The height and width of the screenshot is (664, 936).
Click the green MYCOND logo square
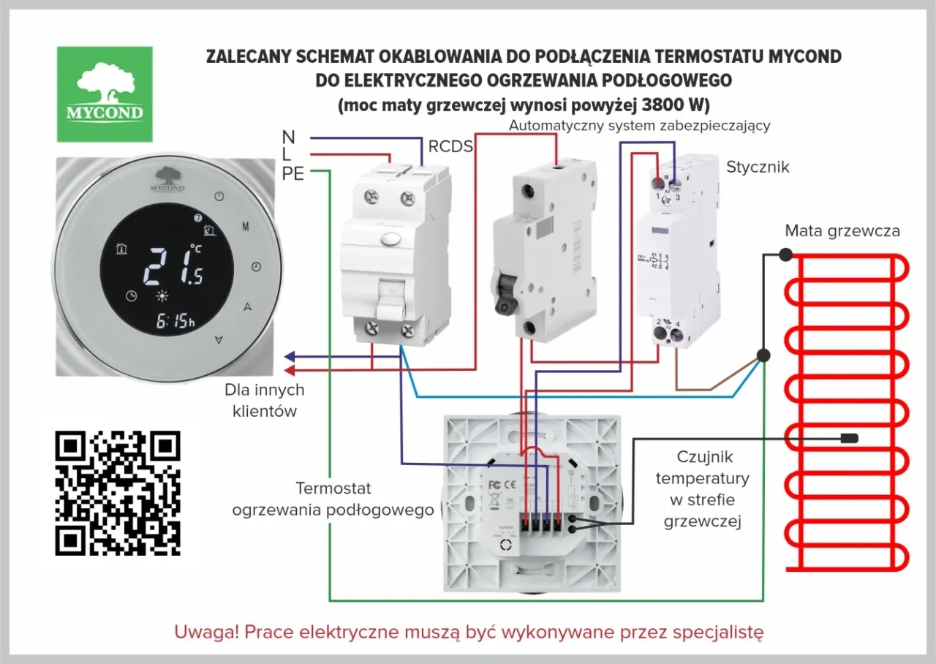105,94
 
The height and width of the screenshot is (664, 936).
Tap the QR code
118,492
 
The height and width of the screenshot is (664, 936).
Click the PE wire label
292,173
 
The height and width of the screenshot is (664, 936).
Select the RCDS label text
450,146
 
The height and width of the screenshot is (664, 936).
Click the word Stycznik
758,167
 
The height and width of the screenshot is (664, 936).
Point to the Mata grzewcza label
842,231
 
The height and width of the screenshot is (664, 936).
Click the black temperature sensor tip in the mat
849,439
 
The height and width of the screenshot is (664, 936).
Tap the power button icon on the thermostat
219,196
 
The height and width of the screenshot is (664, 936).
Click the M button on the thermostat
246,227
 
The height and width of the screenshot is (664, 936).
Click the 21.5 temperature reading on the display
172,265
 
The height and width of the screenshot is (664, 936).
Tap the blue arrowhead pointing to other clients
290,357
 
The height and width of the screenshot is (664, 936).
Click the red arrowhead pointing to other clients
290,369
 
